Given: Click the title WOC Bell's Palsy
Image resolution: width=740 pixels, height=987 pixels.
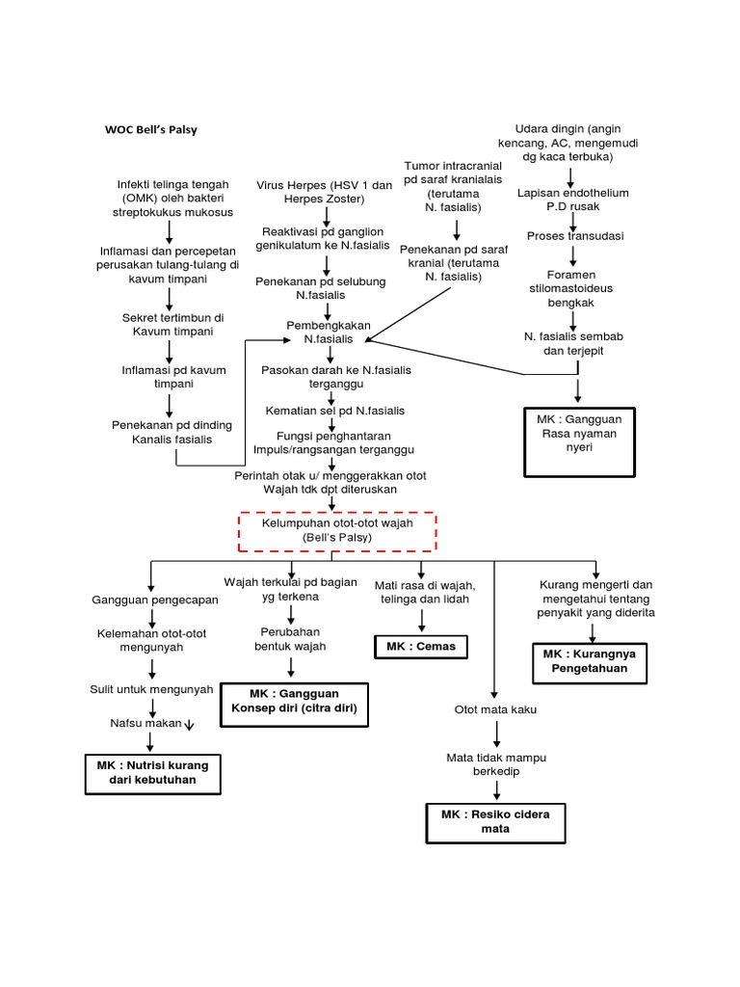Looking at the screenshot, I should pos(150,130).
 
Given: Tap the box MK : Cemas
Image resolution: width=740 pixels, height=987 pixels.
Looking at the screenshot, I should pos(420,646).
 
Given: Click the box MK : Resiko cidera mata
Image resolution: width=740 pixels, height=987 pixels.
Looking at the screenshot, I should pos(495,821).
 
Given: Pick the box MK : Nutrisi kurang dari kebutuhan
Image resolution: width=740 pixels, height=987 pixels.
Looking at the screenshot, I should pos(152,772).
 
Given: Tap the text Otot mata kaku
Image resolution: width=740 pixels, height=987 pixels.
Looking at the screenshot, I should pos(495,710).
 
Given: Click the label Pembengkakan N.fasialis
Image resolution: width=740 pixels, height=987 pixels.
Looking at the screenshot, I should pos(329,333).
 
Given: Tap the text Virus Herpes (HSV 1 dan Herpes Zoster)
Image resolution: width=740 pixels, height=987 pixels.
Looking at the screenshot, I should pos(325,191).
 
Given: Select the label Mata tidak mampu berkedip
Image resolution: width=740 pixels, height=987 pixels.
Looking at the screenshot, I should pos(495,764).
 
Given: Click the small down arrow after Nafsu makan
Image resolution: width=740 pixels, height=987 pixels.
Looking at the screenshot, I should pos(189,725).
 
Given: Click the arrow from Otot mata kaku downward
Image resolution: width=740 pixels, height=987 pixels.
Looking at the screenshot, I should pos(495,733).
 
